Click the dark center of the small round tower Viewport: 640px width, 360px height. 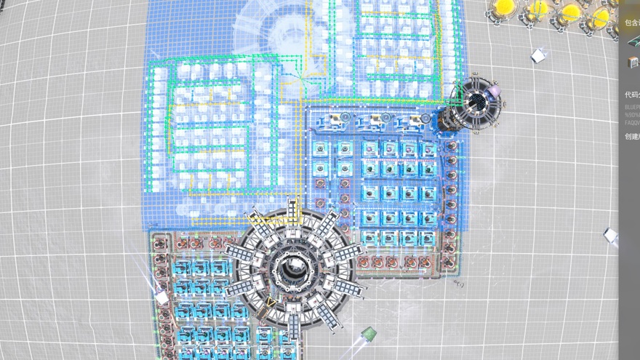[x=476, y=100]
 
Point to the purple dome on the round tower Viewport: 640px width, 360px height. [x=495, y=90]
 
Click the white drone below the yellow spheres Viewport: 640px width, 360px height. [x=538, y=55]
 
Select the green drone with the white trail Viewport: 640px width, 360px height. [x=369, y=334]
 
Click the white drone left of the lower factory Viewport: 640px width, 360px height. [x=161, y=297]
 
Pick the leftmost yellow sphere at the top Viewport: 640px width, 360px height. [x=503, y=7]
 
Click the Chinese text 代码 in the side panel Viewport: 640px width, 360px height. [x=631, y=95]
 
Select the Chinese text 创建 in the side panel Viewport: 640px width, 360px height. [x=631, y=136]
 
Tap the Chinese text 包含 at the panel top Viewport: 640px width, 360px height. [x=631, y=23]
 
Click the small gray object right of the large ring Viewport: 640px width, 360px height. [x=460, y=284]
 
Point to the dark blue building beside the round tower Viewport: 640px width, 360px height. [x=445, y=119]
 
